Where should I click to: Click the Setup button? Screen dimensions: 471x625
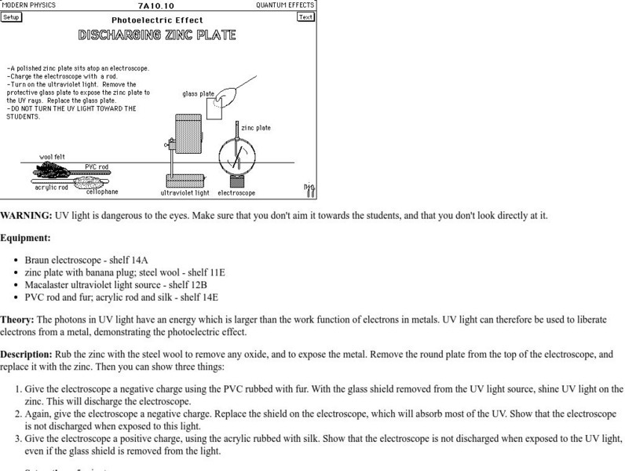click(11, 16)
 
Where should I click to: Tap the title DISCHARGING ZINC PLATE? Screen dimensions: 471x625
click(157, 35)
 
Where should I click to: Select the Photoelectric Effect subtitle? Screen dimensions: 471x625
click(157, 20)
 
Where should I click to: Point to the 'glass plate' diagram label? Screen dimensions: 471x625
click(198, 93)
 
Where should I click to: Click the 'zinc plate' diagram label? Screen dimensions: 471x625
click(256, 127)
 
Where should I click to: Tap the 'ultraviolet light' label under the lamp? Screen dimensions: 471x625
click(185, 192)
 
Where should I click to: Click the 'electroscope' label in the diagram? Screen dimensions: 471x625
click(236, 192)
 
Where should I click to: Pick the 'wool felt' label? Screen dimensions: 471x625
click(53, 157)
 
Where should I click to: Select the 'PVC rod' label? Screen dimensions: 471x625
click(97, 167)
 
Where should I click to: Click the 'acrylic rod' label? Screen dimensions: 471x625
click(51, 188)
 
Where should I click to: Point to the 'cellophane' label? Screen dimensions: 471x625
click(102, 192)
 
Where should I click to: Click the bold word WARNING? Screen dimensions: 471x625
click(26, 216)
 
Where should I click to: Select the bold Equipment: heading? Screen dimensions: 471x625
click(25, 237)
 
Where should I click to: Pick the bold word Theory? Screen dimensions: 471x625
click(17, 319)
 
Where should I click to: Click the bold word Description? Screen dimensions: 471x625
click(27, 354)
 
